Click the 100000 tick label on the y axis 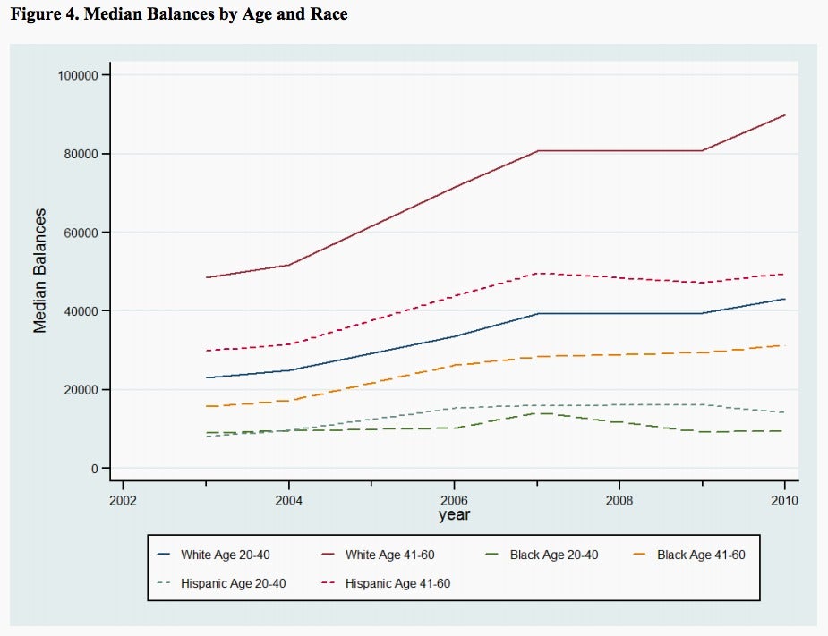pyautogui.click(x=78, y=75)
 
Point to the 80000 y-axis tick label pyautogui.click(x=81, y=154)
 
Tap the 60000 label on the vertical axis pyautogui.click(x=81, y=233)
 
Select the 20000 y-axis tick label pyautogui.click(x=81, y=390)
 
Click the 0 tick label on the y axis pyautogui.click(x=95, y=469)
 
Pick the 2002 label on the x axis pyautogui.click(x=123, y=500)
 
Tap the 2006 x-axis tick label pyautogui.click(x=454, y=500)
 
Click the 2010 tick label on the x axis pyautogui.click(x=785, y=500)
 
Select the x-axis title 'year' pyautogui.click(x=454, y=514)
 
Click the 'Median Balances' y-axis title pyautogui.click(x=40, y=271)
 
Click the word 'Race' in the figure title pyautogui.click(x=329, y=13)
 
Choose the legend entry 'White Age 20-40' pyautogui.click(x=214, y=555)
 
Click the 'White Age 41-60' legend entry pyautogui.click(x=378, y=555)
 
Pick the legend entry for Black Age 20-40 pyautogui.click(x=542, y=555)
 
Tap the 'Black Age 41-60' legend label pyautogui.click(x=689, y=555)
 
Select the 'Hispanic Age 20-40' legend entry pyautogui.click(x=222, y=583)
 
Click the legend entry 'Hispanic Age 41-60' pyautogui.click(x=386, y=583)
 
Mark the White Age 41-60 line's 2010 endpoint pyautogui.click(x=785, y=115)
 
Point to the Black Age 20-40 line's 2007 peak pyautogui.click(x=537, y=413)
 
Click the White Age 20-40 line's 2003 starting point pyautogui.click(x=206, y=377)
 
